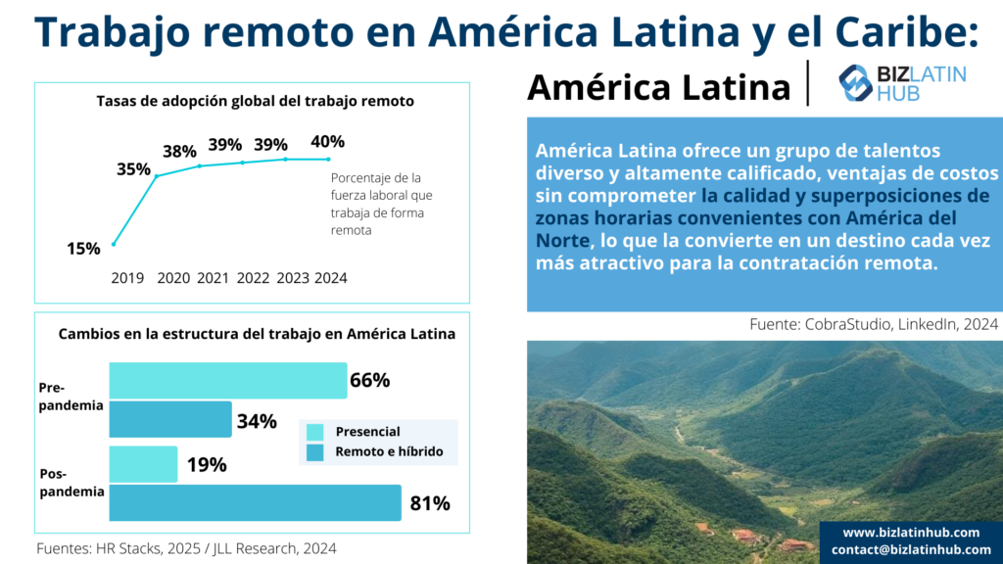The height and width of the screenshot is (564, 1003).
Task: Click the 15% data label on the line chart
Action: pyautogui.click(x=83, y=249)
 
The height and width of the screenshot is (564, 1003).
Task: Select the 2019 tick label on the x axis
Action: pyautogui.click(x=126, y=278)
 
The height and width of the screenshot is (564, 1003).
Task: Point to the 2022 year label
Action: pyautogui.click(x=253, y=278)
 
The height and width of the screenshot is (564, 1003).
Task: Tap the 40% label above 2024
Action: pyautogui.click(x=327, y=142)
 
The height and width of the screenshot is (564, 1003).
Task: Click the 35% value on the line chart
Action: pyautogui.click(x=133, y=168)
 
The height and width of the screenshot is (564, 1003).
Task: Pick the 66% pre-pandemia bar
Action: pyautogui.click(x=227, y=380)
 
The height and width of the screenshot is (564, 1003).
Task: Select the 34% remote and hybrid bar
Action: pyautogui.click(x=169, y=419)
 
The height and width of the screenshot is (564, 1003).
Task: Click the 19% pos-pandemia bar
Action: pyautogui.click(x=143, y=464)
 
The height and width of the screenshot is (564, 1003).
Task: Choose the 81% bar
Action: pyautogui.click(x=255, y=503)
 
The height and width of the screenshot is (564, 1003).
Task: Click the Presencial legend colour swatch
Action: pyautogui.click(x=314, y=432)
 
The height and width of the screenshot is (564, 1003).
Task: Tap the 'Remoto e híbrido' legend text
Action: pyautogui.click(x=389, y=451)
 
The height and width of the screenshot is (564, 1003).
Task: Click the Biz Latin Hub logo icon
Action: pyautogui.click(x=855, y=83)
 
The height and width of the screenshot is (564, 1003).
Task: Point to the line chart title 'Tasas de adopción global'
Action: pyautogui.click(x=255, y=101)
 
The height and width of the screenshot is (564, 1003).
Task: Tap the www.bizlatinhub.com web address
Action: pyautogui.click(x=911, y=533)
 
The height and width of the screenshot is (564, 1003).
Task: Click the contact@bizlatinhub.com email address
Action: pyautogui.click(x=911, y=549)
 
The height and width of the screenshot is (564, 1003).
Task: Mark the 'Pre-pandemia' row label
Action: pyautogui.click(x=71, y=397)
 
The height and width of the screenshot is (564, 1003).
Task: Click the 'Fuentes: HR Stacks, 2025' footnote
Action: pyautogui.click(x=186, y=548)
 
